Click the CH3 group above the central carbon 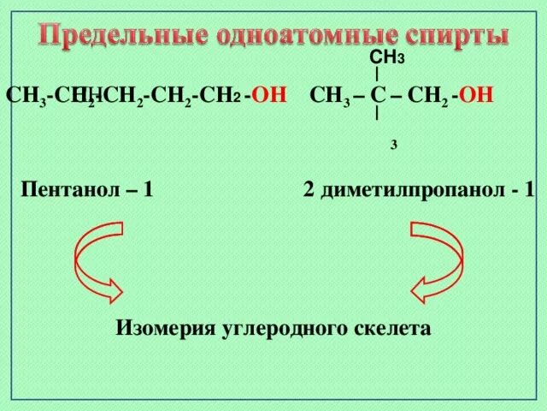[x=386, y=58]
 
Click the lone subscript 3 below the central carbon [x=393, y=146]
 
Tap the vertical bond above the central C [x=378, y=75]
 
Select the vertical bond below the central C [x=378, y=110]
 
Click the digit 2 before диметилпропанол [x=309, y=189]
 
